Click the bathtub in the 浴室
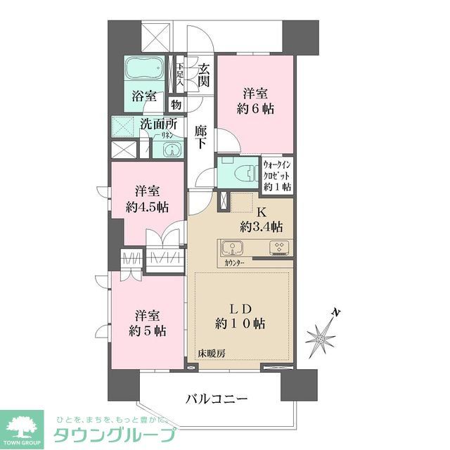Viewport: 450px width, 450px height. (x=145, y=71)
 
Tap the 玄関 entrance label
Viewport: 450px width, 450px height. (x=203, y=75)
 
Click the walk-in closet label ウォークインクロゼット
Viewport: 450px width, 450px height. (x=277, y=176)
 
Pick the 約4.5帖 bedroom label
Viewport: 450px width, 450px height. (x=147, y=200)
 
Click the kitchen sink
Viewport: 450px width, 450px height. (x=233, y=248)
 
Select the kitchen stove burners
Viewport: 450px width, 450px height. (x=278, y=247)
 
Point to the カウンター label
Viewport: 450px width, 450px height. (x=235, y=262)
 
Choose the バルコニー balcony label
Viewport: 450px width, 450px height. (x=216, y=399)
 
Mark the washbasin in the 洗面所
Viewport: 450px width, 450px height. (x=171, y=150)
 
